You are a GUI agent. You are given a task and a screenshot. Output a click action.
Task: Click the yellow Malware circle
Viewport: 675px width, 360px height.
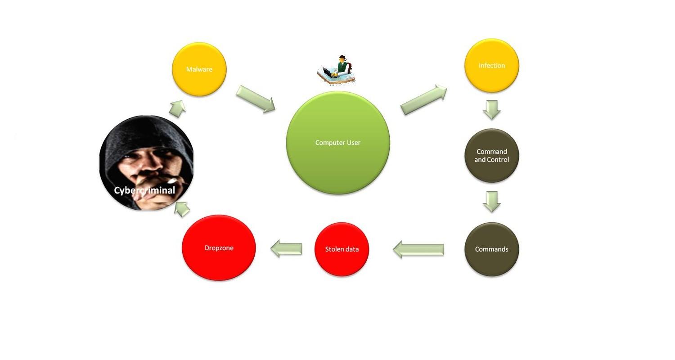[199, 69]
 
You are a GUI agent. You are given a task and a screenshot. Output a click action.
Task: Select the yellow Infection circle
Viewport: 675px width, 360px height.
[491, 66]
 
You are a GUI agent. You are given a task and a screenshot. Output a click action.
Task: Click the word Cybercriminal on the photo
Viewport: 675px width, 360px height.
[144, 190]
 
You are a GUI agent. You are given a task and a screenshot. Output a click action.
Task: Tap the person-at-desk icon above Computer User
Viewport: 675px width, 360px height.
[337, 70]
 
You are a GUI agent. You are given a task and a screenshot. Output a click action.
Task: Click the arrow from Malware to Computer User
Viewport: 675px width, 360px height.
[255, 99]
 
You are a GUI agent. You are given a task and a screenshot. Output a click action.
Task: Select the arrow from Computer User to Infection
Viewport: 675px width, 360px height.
[423, 100]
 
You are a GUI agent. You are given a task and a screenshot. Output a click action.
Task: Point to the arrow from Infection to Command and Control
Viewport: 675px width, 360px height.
[491, 109]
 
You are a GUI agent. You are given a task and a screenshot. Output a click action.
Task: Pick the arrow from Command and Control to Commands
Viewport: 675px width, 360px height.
[491, 201]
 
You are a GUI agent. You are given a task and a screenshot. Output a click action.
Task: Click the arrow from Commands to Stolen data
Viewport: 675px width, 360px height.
[418, 249]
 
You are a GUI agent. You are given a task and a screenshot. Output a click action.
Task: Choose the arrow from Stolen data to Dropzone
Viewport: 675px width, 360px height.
[286, 248]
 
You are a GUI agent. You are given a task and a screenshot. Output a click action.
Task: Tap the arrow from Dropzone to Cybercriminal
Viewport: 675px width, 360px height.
[182, 209]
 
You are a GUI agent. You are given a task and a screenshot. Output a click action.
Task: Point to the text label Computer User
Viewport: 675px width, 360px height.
[338, 143]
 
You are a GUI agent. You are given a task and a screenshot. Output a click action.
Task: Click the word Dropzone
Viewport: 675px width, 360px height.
[219, 248]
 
